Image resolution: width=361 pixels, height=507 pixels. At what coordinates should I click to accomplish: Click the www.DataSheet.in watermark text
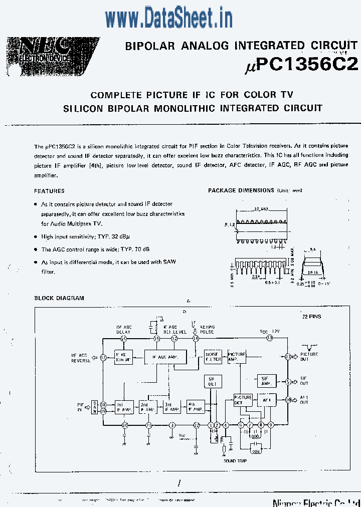tap(169, 19)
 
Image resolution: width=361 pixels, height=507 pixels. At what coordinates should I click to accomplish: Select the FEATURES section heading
tap(49, 191)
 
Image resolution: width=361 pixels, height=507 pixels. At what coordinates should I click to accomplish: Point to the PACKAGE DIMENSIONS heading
tap(241, 190)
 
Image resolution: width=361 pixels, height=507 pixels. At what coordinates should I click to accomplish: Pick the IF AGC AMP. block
tap(165, 357)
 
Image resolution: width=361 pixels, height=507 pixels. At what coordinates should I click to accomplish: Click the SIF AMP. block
tap(266, 381)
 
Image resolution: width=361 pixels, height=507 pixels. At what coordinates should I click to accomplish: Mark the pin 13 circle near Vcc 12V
tap(270, 339)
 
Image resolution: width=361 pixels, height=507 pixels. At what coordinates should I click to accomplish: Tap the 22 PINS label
tap(311, 317)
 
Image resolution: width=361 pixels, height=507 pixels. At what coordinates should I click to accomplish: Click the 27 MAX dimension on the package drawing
tap(260, 208)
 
